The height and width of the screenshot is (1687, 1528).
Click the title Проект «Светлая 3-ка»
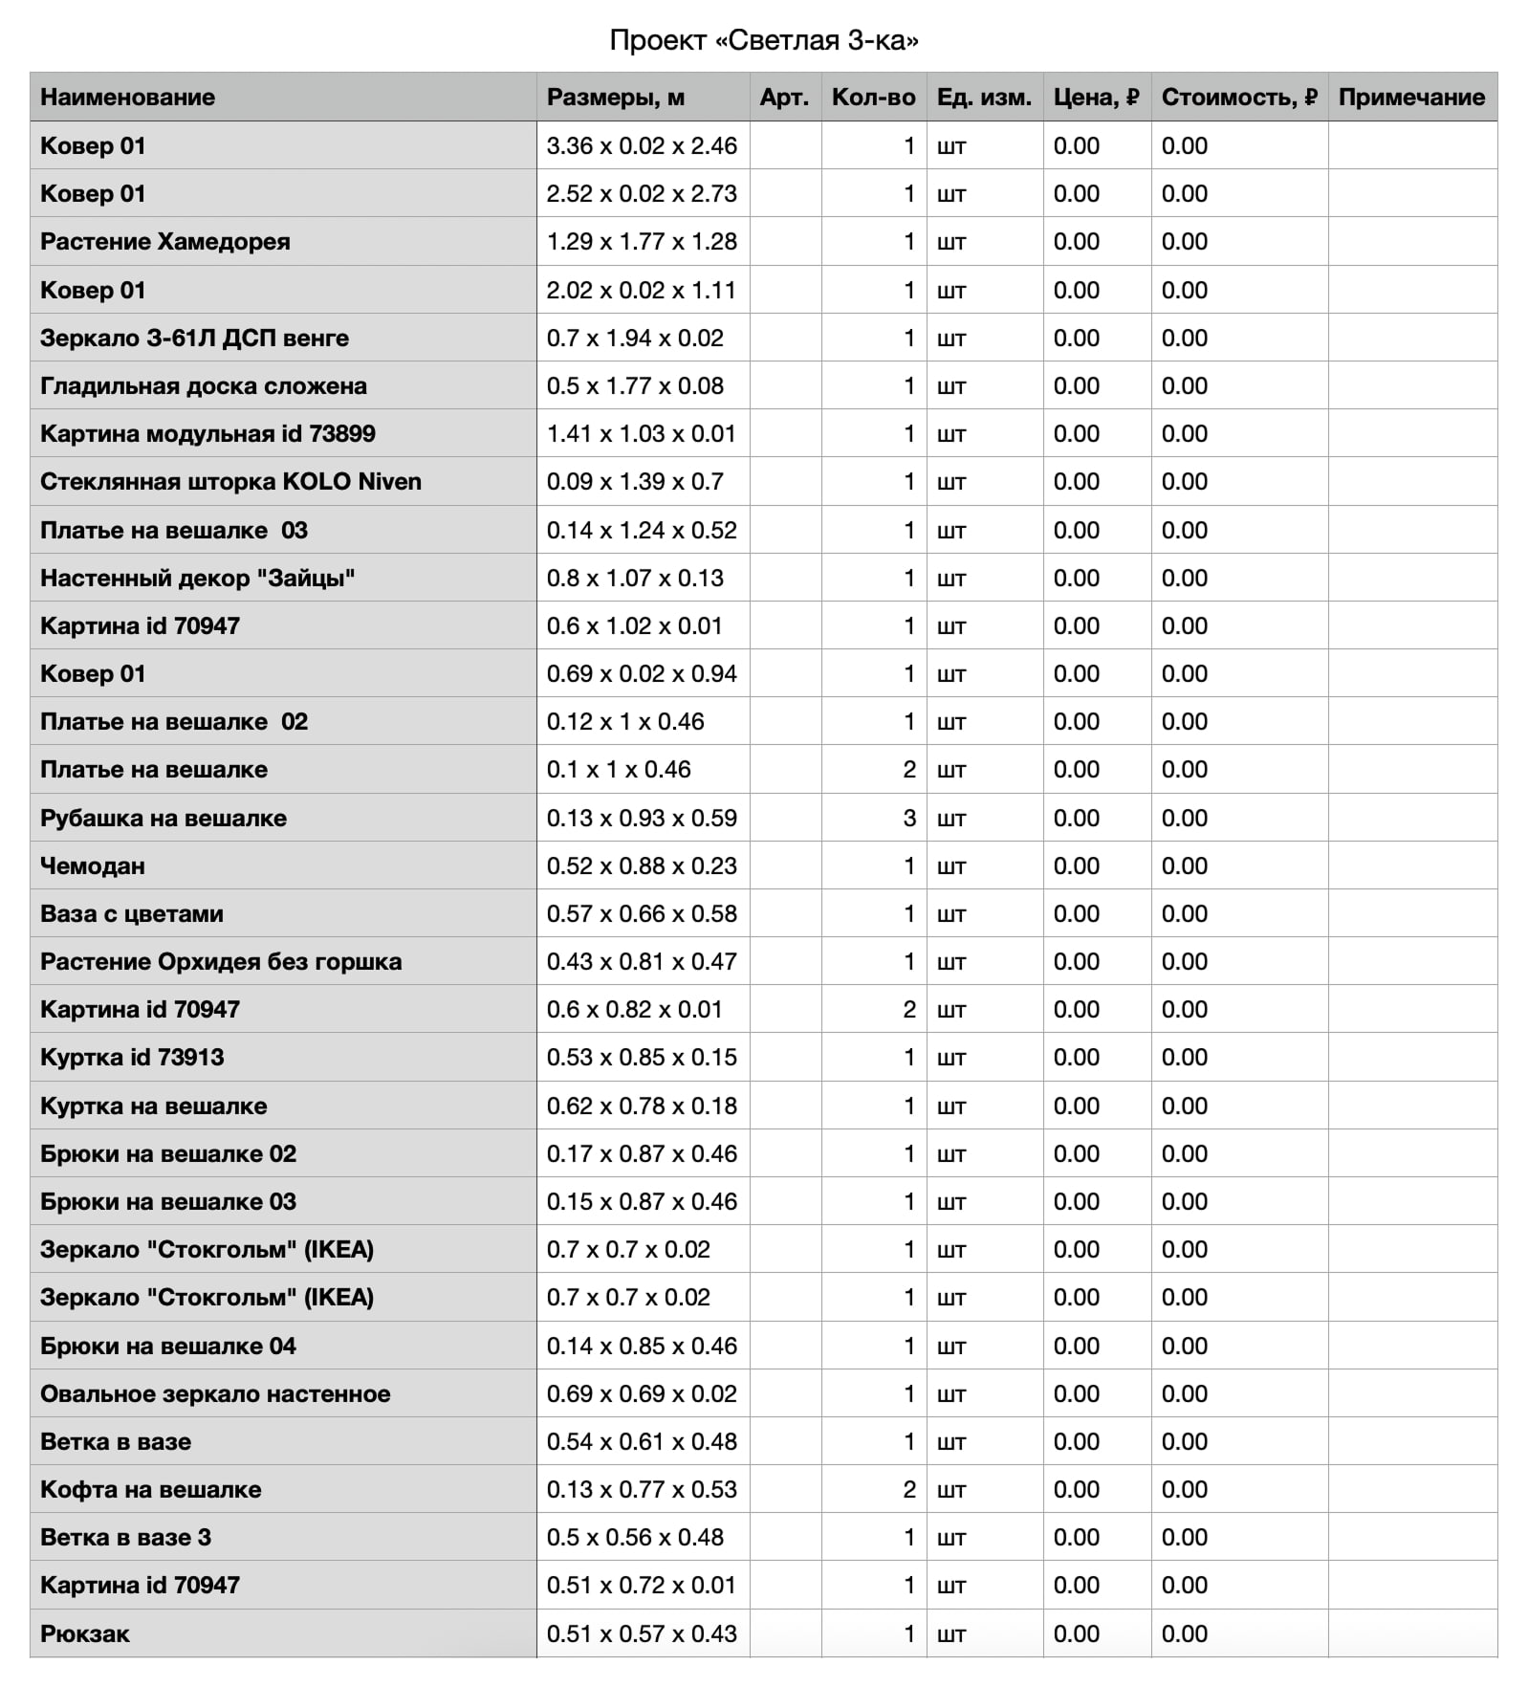click(764, 40)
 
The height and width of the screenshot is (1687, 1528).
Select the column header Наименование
click(127, 97)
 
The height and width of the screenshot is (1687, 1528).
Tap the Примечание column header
click(1410, 97)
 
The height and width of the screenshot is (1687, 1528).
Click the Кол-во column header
click(873, 97)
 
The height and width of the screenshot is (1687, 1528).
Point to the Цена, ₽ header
click(1096, 97)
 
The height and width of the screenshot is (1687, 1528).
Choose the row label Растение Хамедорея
click(165, 242)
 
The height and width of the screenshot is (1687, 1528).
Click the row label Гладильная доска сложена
click(204, 386)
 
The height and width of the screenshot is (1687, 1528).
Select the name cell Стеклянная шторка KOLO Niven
click(230, 482)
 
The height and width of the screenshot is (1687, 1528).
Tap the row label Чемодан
click(93, 866)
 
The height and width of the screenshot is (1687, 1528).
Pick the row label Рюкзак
click(85, 1634)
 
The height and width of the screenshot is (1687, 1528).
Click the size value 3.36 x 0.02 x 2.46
click(642, 146)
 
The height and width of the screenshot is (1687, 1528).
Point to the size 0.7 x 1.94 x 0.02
click(635, 339)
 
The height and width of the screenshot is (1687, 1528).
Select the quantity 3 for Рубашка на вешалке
click(909, 819)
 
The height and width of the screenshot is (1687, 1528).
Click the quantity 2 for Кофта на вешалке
click(909, 1490)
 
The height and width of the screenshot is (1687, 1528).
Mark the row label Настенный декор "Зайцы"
click(198, 579)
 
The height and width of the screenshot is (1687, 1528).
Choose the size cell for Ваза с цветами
click(642, 914)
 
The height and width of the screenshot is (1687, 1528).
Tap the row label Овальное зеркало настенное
click(215, 1394)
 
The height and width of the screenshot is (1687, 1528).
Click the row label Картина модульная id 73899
click(207, 434)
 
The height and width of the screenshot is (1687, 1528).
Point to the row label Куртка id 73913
click(132, 1058)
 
